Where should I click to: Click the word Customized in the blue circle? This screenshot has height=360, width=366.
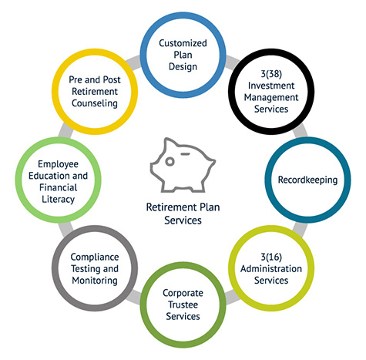click(183, 43)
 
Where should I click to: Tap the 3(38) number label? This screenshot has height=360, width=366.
click(271, 74)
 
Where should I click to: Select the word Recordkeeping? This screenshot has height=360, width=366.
click(307, 180)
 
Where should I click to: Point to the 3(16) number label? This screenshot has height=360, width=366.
click(271, 257)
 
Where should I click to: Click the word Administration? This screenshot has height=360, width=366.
click(271, 268)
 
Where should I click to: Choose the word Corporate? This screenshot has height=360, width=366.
click(183, 293)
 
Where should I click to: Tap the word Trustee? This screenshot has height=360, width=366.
click(183, 304)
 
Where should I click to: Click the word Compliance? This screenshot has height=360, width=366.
click(95, 257)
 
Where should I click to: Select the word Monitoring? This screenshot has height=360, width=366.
click(95, 281)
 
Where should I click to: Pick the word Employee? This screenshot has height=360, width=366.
click(58, 164)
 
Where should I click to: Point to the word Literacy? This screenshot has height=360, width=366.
click(58, 200)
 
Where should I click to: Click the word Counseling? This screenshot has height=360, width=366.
click(95, 103)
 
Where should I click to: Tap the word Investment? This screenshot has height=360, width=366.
click(271, 86)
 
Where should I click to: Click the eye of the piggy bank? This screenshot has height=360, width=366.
click(170, 162)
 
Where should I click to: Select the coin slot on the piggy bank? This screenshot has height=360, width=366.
click(185, 154)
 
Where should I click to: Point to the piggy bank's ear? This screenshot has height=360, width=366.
click(168, 143)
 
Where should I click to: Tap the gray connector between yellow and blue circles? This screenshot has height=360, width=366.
click(133, 62)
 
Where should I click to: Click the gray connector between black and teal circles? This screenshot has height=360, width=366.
click(301, 130)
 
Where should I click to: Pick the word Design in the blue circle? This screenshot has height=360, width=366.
click(183, 67)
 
